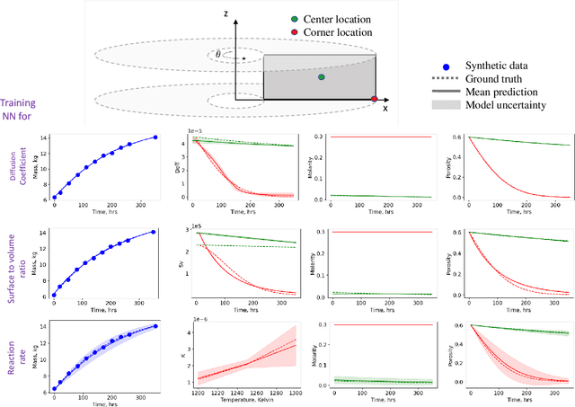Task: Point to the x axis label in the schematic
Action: (x=385, y=108)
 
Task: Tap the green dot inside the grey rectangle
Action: (x=321, y=77)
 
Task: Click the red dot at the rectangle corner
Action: (x=375, y=98)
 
